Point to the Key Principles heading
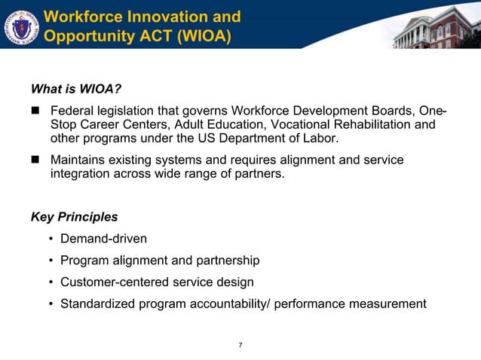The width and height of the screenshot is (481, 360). click(74, 217)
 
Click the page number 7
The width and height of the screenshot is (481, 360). click(240, 345)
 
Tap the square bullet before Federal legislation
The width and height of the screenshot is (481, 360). click(35, 111)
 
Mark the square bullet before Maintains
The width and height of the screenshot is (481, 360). click(35, 160)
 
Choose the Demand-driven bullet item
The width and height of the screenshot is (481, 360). click(103, 239)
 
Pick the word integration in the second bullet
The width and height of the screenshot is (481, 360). click(83, 174)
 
